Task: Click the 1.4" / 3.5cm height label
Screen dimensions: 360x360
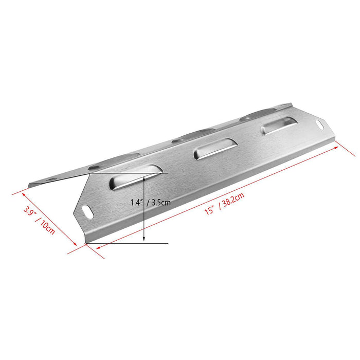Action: [x=151, y=202]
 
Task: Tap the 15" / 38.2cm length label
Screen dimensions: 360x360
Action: [x=224, y=204]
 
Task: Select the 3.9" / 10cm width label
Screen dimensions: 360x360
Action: [x=39, y=220]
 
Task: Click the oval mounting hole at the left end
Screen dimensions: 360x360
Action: [x=87, y=212]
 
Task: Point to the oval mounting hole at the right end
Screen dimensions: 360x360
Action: [x=320, y=124]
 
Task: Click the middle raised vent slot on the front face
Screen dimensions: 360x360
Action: [x=215, y=149]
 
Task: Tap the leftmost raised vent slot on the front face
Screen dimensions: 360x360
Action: [x=136, y=177]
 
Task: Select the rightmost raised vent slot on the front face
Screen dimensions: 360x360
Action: [x=279, y=126]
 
